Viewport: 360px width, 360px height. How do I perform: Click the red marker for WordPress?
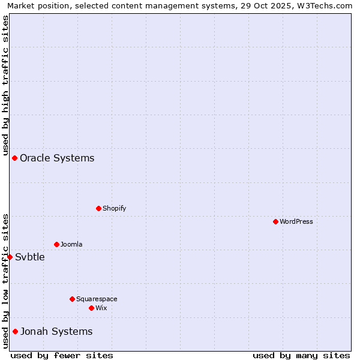(x=275, y=221)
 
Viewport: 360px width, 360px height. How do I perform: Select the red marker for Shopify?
(x=98, y=208)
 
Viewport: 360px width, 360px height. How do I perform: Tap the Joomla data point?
(x=56, y=244)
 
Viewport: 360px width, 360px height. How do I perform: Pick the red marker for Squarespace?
(x=72, y=299)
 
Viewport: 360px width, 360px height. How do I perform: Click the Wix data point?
(x=91, y=308)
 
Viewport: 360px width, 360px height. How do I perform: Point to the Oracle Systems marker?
(x=14, y=158)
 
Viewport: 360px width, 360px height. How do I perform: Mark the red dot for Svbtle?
(x=10, y=257)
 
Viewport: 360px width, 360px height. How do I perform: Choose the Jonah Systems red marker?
(x=15, y=331)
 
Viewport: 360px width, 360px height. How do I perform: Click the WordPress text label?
(x=296, y=221)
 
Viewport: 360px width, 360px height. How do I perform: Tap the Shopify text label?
(x=114, y=208)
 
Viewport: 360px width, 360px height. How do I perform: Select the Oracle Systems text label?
(x=57, y=158)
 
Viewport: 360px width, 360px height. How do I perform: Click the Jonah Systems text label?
(x=56, y=331)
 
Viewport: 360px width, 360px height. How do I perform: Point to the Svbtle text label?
(x=30, y=257)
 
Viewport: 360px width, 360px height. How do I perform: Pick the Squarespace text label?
(x=97, y=299)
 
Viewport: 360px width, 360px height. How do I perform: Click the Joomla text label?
(x=71, y=244)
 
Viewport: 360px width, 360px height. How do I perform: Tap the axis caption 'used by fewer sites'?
(x=62, y=355)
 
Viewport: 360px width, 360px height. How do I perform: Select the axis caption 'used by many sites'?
(x=301, y=355)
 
